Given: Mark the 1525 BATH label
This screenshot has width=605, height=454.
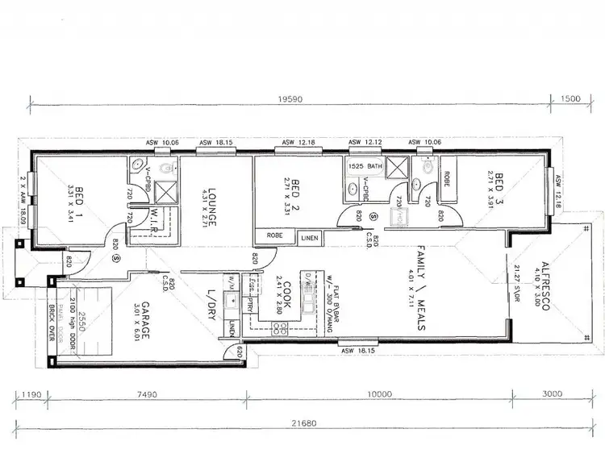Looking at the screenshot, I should point(363,165).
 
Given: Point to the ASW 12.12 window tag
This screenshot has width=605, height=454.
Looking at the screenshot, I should point(365,143).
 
